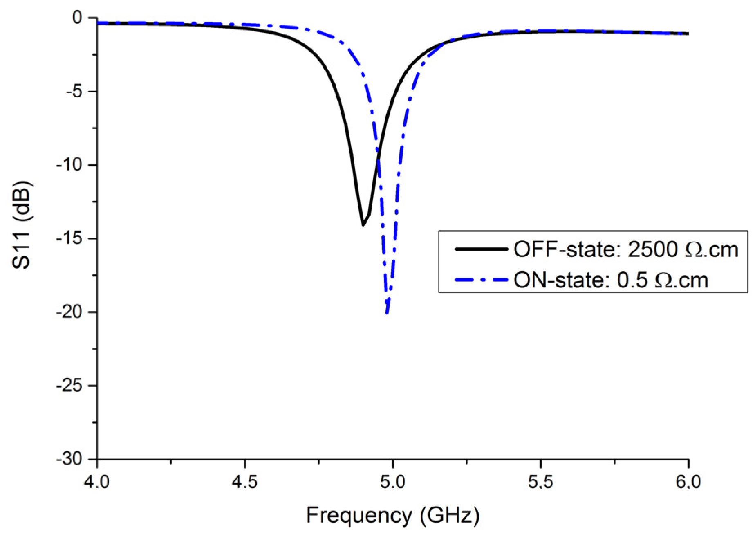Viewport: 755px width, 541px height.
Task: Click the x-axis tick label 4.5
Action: pos(244,482)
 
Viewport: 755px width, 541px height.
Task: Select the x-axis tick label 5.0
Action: pos(392,482)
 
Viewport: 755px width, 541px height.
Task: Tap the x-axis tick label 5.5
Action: pos(540,482)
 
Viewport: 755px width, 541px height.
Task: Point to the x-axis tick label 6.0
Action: pos(688,482)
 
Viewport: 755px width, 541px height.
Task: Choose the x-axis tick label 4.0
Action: pos(97,482)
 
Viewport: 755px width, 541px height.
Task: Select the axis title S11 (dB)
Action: pos(21,225)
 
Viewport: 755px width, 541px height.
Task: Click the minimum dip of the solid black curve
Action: pos(363,225)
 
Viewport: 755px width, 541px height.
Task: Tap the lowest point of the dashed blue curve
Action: pos(387,313)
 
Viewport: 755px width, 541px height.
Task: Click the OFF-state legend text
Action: pos(625,249)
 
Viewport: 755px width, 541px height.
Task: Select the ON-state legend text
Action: pos(611,281)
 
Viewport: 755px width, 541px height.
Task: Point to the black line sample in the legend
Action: pos(481,249)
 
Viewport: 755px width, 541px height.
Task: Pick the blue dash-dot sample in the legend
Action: pos(481,281)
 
